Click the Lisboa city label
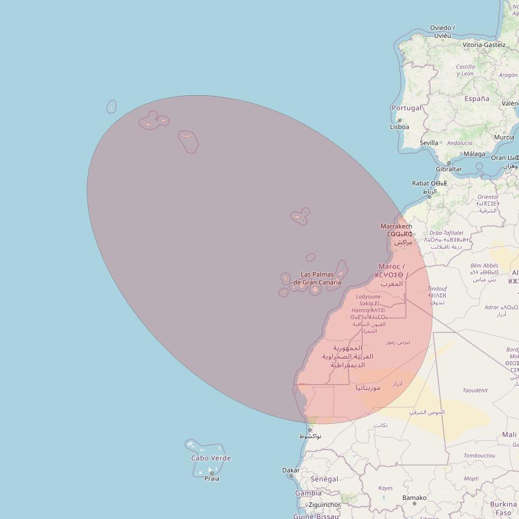400,127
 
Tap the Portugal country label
406,108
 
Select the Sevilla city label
429,142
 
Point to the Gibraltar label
449,169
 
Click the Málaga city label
474,154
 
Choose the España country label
477,99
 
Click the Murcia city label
504,137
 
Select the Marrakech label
396,226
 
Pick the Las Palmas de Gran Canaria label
317,278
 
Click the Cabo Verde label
211,458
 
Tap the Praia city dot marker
211,473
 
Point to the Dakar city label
291,470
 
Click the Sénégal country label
324,479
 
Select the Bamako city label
415,498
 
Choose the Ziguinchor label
324,505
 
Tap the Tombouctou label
479,455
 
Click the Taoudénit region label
475,390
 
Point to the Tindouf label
437,289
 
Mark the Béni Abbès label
484,266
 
